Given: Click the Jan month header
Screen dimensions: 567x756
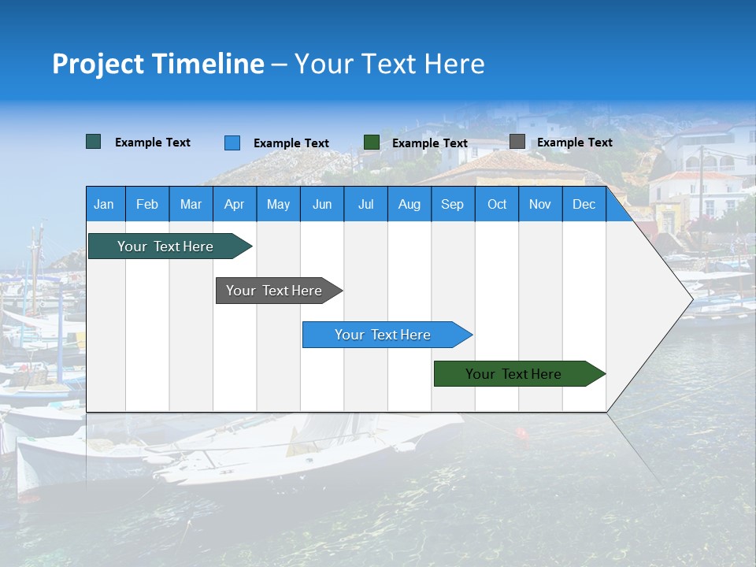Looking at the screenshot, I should click(105, 205).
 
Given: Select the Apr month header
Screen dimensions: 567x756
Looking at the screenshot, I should click(235, 205).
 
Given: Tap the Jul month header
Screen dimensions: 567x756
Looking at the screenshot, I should click(365, 205).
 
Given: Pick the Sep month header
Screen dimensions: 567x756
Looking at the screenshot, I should click(452, 205).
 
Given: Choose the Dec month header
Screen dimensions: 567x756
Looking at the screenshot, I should click(584, 205).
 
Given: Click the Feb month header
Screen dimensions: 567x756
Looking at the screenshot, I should click(147, 205).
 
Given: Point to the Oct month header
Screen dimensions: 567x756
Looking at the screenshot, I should click(497, 205).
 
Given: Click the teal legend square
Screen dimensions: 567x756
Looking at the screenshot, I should click(94, 142).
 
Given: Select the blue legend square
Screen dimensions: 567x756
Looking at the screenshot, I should click(232, 143).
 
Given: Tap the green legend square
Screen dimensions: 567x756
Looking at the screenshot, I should click(372, 143).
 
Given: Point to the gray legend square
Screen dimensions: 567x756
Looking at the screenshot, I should click(517, 142).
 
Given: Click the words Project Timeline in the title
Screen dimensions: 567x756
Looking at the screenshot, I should click(158, 64).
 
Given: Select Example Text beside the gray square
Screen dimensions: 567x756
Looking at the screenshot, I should click(574, 143).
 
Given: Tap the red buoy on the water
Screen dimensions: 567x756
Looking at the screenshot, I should click(521, 433).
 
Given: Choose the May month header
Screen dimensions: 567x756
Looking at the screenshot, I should click(278, 205).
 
